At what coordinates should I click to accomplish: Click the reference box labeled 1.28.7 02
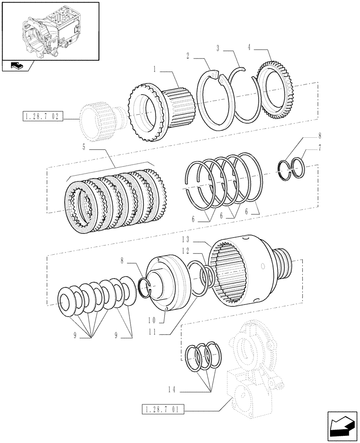(x=42, y=117)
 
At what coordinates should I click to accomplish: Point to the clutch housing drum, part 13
(x=242, y=270)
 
